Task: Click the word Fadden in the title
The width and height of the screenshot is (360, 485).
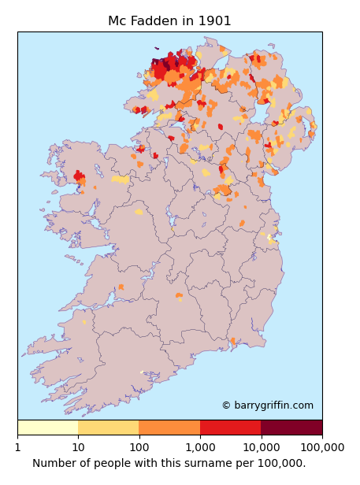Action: click(x=159, y=21)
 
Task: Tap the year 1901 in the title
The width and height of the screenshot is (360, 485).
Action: click(x=215, y=21)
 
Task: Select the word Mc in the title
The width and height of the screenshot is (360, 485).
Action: click(x=117, y=21)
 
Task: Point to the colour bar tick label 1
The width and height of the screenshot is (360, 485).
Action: click(x=17, y=447)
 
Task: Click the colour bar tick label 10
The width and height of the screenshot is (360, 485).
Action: click(x=78, y=447)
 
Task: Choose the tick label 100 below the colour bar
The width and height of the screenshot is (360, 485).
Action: click(x=139, y=447)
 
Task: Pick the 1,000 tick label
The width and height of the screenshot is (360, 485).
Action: click(x=200, y=447)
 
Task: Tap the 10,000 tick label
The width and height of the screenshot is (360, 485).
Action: click(x=261, y=447)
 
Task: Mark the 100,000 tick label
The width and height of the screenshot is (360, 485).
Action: click(x=321, y=447)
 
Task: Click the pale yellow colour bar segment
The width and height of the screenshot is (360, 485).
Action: click(x=47, y=428)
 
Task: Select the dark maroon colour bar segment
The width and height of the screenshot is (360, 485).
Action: click(x=291, y=428)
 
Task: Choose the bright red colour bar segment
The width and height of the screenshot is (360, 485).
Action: click(x=230, y=428)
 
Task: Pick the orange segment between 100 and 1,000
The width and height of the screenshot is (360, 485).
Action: click(x=169, y=428)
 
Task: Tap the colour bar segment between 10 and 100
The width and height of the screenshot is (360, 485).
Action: click(x=109, y=428)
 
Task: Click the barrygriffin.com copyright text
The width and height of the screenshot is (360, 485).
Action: click(x=267, y=405)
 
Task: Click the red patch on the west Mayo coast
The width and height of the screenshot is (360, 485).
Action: click(x=79, y=177)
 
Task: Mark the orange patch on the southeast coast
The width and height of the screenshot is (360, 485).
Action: click(x=232, y=341)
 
